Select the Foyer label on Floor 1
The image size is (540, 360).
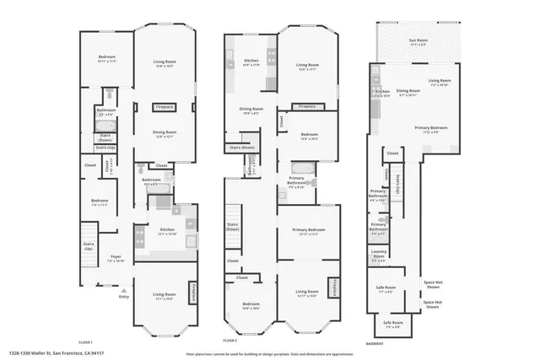(x=116, y=260)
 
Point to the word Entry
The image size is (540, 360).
(x=124, y=297)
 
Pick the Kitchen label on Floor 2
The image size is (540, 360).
(x=251, y=61)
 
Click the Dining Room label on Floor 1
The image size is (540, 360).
(x=165, y=132)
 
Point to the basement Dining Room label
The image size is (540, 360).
(x=408, y=91)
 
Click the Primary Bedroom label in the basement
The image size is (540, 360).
(x=435, y=127)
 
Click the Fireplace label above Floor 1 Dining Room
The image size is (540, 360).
(x=165, y=107)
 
